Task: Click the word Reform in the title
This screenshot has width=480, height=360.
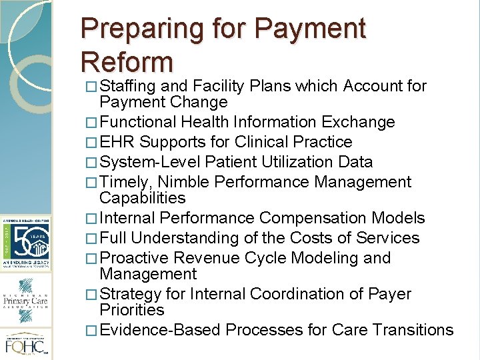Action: tap(126, 61)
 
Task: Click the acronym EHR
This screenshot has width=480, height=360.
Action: tap(117, 142)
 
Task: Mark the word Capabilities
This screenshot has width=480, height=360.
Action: tap(142, 198)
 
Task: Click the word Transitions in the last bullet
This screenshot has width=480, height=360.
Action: tap(413, 330)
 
